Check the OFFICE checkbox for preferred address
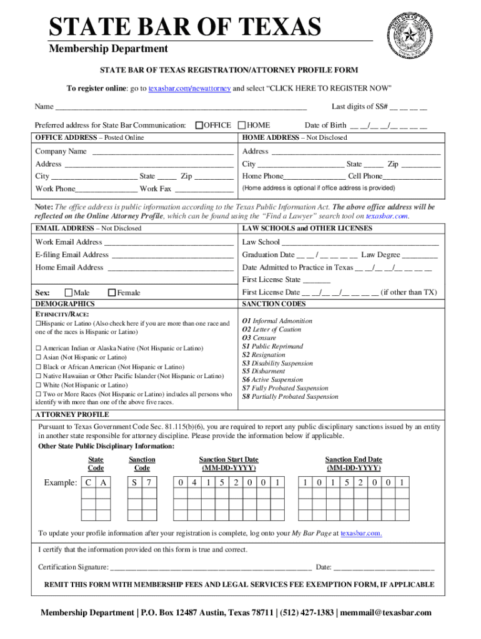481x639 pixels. (199, 125)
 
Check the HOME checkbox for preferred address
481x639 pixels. (243, 125)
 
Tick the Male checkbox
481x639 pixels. (68, 292)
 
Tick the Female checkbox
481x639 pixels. (112, 292)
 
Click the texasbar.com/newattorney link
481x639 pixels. (189, 87)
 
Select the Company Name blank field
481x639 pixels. (162, 152)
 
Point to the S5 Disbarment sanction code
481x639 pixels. (264, 371)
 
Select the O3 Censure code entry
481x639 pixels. (259, 338)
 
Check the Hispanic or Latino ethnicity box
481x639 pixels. (38, 324)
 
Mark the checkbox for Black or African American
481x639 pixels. (38, 367)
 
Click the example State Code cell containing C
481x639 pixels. (89, 482)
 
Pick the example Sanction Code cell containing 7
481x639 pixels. (149, 482)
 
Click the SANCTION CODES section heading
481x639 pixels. (274, 304)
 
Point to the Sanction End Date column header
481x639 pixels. (354, 464)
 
